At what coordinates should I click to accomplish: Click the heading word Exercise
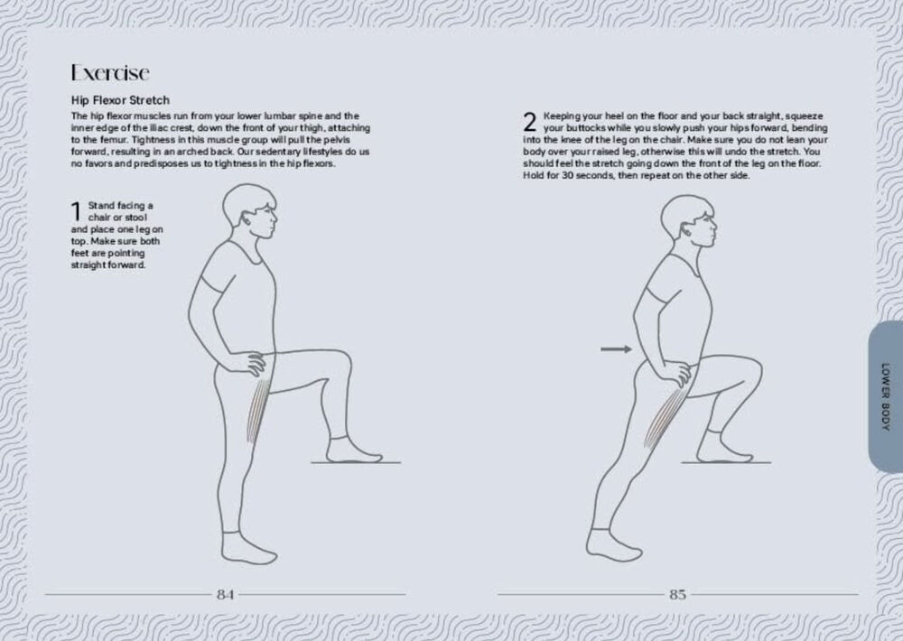pyautogui.click(x=110, y=72)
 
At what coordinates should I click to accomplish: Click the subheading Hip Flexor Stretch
pyautogui.click(x=120, y=100)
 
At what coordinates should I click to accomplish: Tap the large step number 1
pyautogui.click(x=76, y=210)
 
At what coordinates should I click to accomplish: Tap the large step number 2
pyautogui.click(x=530, y=122)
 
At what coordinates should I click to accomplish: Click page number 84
pyautogui.click(x=225, y=594)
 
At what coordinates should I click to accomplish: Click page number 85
pyautogui.click(x=678, y=594)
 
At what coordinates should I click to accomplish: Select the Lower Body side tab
pyautogui.click(x=885, y=396)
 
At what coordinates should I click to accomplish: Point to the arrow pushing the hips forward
pyautogui.click(x=616, y=349)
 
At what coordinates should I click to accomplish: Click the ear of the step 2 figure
pyautogui.click(x=686, y=230)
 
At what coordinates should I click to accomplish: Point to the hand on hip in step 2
pyautogui.click(x=675, y=373)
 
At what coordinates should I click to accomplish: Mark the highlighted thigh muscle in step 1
pyautogui.click(x=258, y=411)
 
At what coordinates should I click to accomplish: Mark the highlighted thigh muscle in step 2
pyautogui.click(x=662, y=418)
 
